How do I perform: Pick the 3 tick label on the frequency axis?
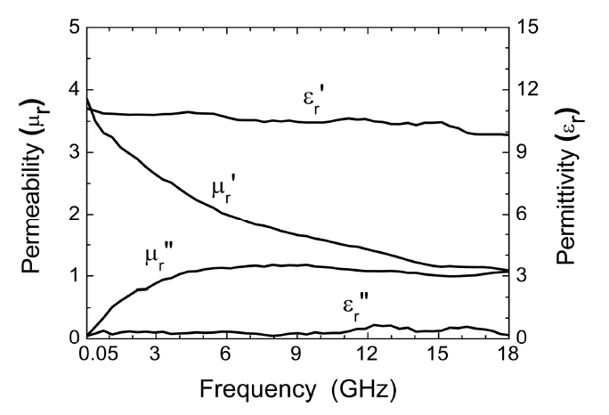(157, 356)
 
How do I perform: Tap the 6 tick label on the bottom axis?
(226, 356)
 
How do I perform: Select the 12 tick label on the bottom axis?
(366, 356)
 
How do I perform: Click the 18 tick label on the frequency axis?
(506, 356)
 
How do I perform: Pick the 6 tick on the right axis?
(522, 215)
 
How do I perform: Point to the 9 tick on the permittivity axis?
(522, 152)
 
